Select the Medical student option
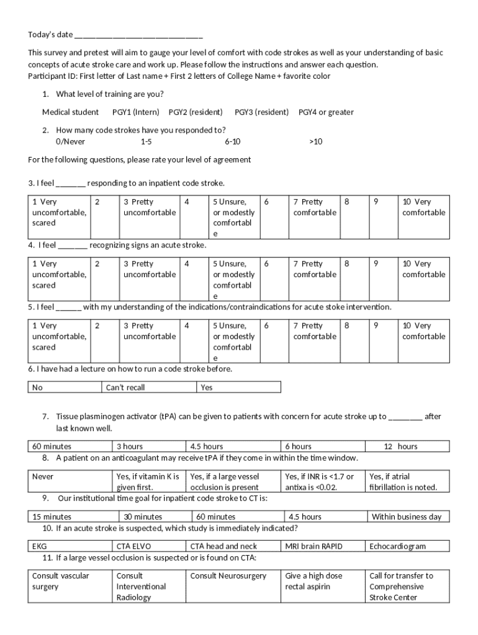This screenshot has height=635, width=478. click(x=70, y=112)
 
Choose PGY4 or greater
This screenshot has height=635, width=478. click(x=326, y=112)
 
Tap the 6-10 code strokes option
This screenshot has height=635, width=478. click(x=233, y=141)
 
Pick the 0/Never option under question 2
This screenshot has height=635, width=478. click(x=71, y=141)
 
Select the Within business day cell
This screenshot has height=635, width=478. click(x=407, y=517)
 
